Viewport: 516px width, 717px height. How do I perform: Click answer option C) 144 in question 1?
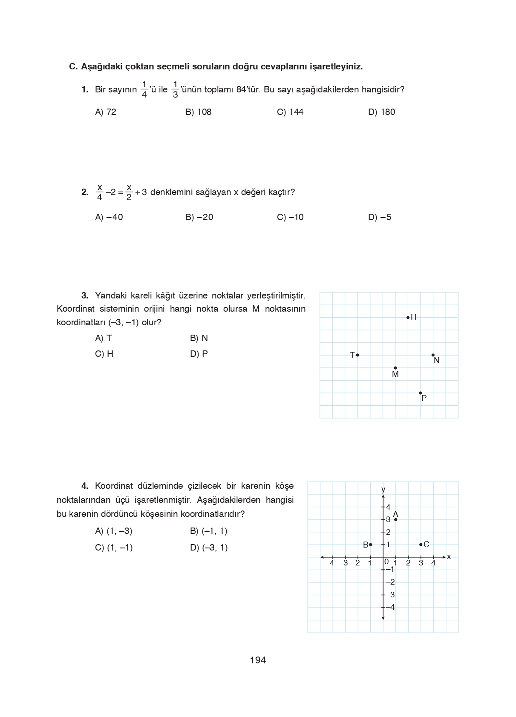pos(290,112)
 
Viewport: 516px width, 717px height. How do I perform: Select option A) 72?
pos(106,112)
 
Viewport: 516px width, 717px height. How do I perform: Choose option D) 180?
pos(381,112)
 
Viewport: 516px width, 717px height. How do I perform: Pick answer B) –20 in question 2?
pos(199,217)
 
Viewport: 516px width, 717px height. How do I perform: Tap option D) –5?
pos(379,217)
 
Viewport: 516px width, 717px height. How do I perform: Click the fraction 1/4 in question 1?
pos(144,89)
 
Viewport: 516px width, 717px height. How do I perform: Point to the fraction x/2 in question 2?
pos(129,192)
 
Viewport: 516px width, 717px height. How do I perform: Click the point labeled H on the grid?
pos(408,317)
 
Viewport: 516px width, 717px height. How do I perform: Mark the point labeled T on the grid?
pos(357,355)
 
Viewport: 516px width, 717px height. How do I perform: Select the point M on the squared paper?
pos(395,368)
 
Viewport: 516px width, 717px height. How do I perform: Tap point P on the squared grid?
pos(420,393)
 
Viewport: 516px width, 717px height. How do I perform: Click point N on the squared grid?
pos(433,355)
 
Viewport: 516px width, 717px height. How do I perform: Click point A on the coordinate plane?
pos(396,519)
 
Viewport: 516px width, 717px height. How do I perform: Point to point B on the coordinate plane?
pos(370,545)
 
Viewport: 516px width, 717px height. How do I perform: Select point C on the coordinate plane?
pos(421,545)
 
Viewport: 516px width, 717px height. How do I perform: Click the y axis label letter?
pos(383,489)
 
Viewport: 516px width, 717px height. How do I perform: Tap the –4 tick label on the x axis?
pos(329,563)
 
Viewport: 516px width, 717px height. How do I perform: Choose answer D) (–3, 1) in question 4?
pos(209,548)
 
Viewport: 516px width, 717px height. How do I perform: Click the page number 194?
pos(258,660)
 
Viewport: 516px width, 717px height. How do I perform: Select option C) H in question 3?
pos(104,354)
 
